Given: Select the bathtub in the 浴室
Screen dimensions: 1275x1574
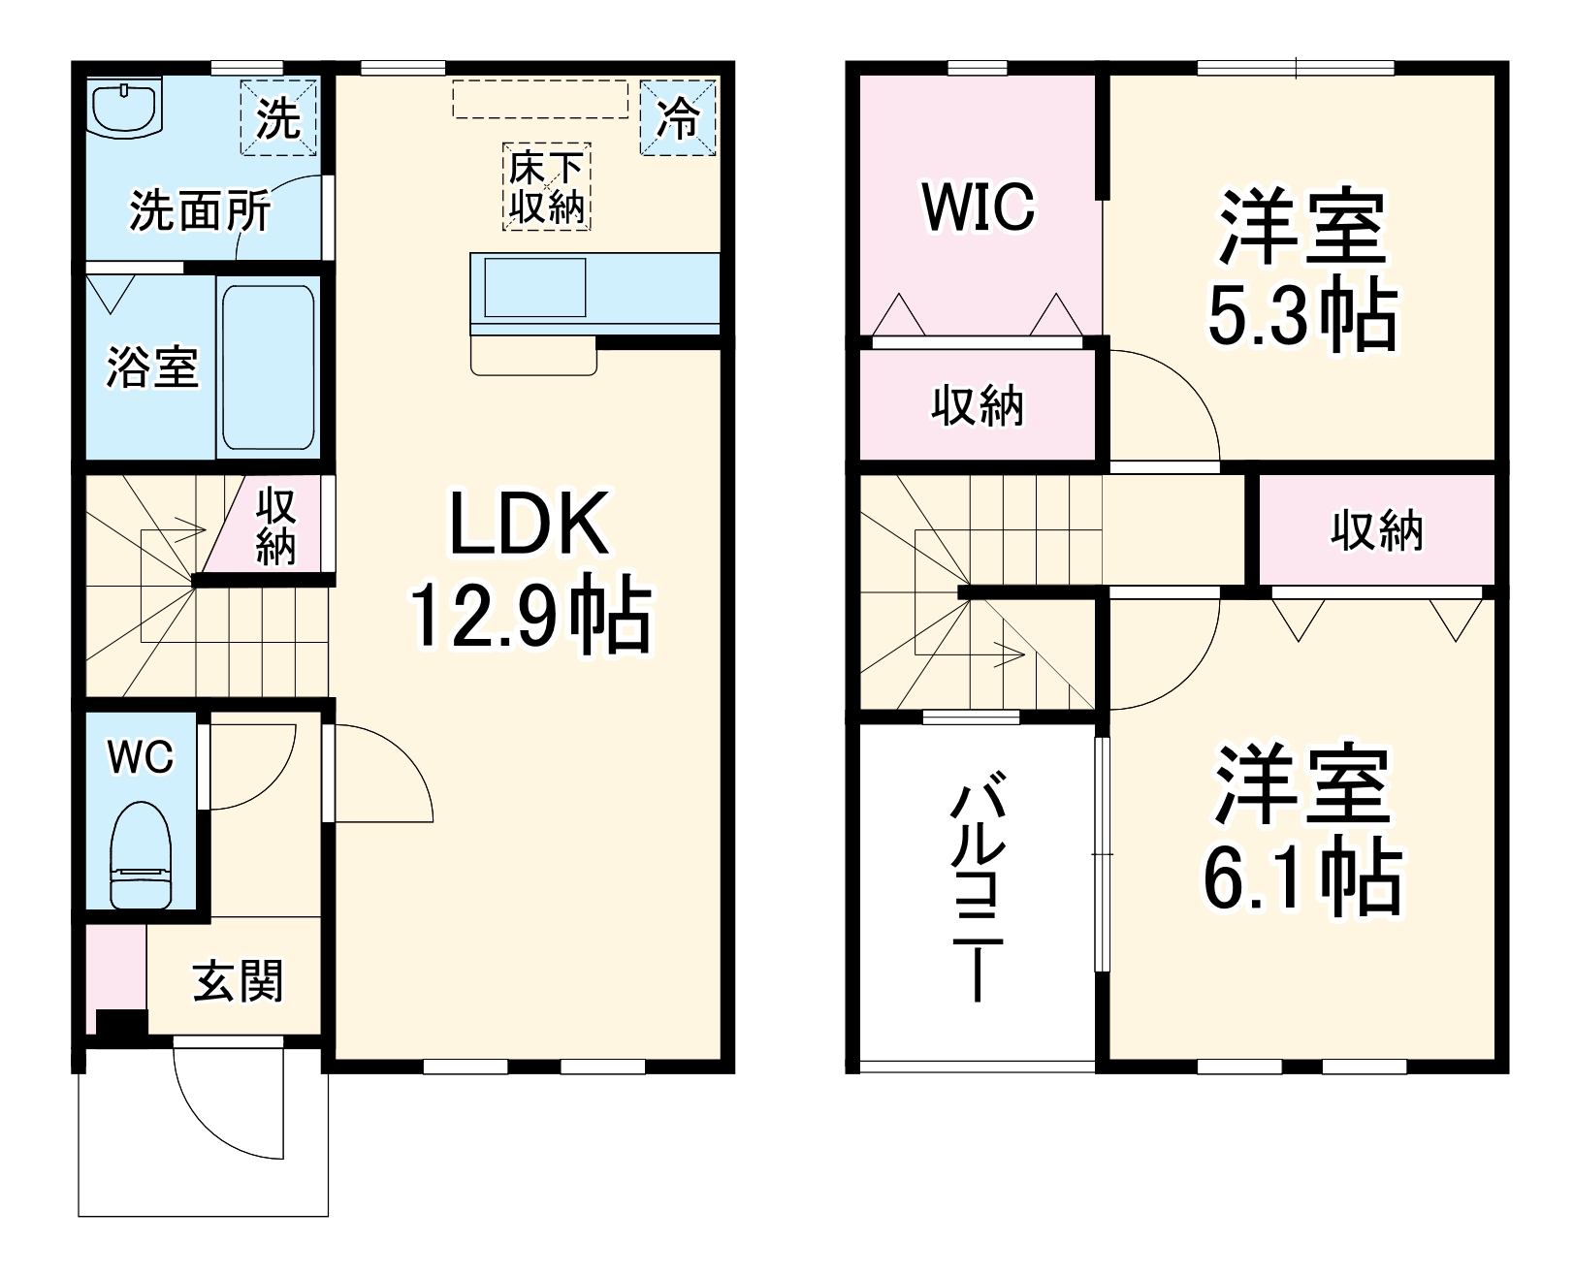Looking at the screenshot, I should tap(268, 367).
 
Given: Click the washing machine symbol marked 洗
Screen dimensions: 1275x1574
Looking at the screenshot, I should tap(278, 117).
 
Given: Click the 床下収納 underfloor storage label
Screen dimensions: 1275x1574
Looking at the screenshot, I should tap(547, 188).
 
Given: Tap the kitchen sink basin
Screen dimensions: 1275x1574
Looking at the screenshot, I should tap(534, 287).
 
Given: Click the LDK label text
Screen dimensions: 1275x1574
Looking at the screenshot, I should tap(529, 524).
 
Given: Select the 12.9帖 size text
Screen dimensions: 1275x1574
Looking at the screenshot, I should tap(529, 615).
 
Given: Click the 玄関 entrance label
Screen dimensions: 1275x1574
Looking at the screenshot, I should tap(238, 981).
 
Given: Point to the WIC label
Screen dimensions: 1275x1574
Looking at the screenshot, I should tap(979, 207).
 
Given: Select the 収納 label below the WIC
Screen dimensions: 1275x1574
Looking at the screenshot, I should tap(978, 405).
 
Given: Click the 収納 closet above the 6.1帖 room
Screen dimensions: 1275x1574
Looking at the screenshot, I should tap(1376, 530).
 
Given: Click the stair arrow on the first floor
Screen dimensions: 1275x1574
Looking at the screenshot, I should tap(184, 530).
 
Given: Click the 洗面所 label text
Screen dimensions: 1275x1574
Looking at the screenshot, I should tap(200, 210).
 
